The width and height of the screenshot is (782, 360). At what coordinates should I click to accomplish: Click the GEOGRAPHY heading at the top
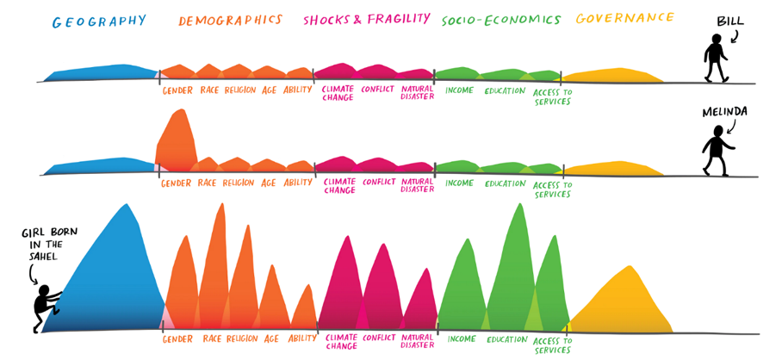pyautogui.click(x=99, y=21)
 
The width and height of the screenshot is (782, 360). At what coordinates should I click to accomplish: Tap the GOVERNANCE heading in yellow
pyautogui.click(x=624, y=18)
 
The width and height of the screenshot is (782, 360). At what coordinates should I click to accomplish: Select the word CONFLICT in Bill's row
pyautogui.click(x=379, y=89)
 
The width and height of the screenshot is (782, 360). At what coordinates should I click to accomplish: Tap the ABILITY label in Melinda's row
pyautogui.click(x=298, y=183)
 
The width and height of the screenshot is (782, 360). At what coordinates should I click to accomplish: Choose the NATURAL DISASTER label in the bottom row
pyautogui.click(x=419, y=343)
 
